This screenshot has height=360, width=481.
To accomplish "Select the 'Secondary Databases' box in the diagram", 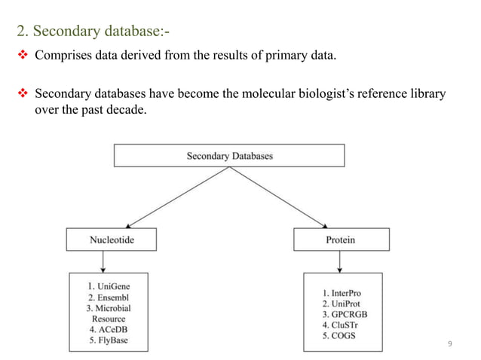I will pos(229,156).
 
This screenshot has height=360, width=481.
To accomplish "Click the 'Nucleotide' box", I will pos(112,240).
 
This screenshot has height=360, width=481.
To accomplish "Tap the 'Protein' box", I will pos(341,240).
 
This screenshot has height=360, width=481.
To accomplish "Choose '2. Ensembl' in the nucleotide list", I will pos(109,297).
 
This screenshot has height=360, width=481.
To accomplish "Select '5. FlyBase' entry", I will pos(109,341).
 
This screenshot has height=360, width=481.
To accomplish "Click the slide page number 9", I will pos(450,345).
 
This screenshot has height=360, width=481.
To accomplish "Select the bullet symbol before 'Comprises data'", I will pos(23,55).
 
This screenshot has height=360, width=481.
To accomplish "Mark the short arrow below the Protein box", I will pos(341,262).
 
